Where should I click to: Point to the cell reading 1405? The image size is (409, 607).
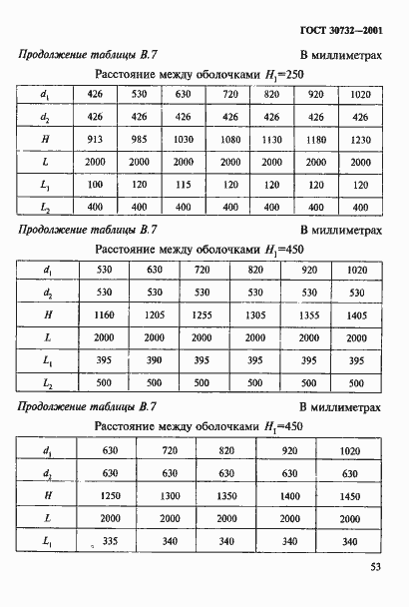pyautogui.click(x=357, y=314)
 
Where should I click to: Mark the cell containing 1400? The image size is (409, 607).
pyautogui.click(x=289, y=495)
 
